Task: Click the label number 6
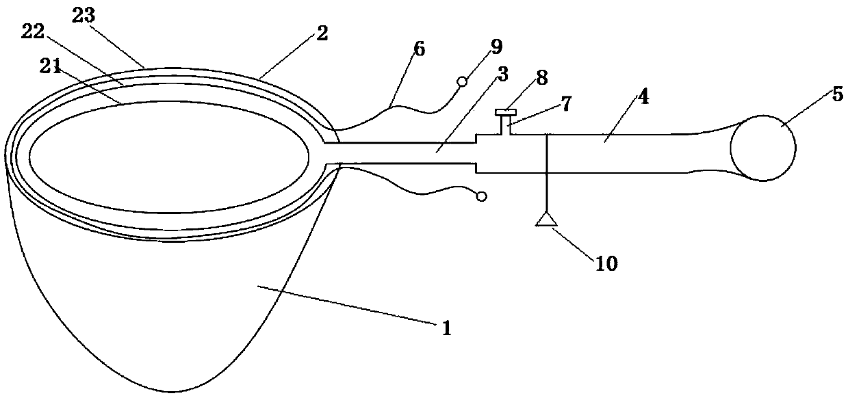click(x=420, y=49)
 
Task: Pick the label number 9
click(x=496, y=47)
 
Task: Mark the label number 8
click(x=541, y=77)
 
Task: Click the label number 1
click(x=446, y=328)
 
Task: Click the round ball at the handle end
click(x=762, y=148)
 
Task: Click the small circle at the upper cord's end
click(x=462, y=82)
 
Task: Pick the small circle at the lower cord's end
click(x=481, y=197)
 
